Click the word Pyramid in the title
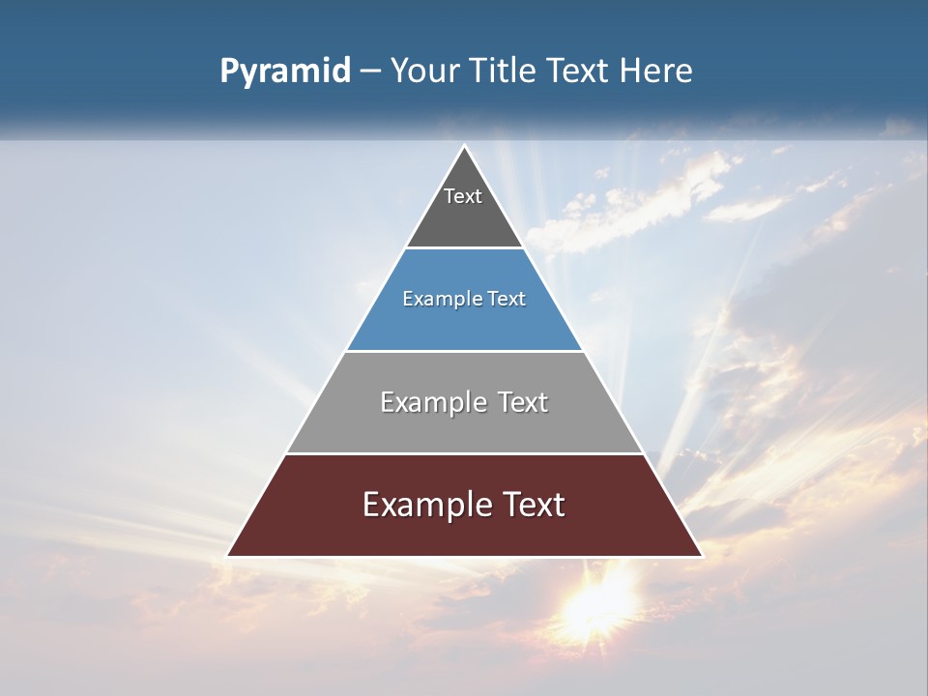[285, 72]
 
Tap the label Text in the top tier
[463, 196]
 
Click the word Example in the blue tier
[439, 300]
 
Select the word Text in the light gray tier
[522, 402]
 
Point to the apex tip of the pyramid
[465, 147]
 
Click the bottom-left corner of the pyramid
[228, 556]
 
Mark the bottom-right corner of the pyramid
[701, 556]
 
